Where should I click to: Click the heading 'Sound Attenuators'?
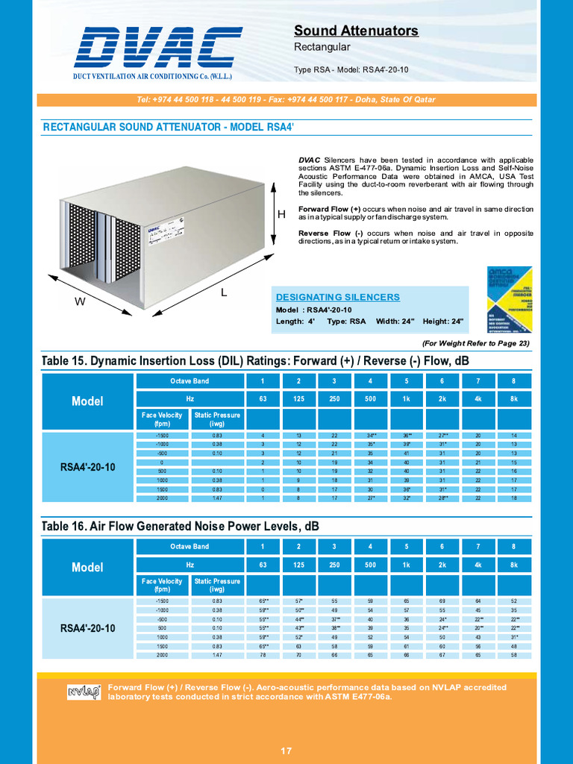click(356, 31)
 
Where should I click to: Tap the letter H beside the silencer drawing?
click(281, 215)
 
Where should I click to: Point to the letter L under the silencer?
click(223, 293)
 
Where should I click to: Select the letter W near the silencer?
click(79, 302)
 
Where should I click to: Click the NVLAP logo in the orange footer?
click(84, 692)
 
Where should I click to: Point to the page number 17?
click(286, 751)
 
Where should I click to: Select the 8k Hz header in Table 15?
click(513, 399)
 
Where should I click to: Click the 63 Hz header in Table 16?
click(263, 566)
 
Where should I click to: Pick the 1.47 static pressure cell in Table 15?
click(217, 498)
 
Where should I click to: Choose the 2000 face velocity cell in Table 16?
click(162, 655)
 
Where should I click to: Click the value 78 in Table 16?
click(263, 655)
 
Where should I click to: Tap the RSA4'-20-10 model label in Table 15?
click(87, 467)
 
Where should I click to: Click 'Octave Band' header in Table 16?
click(190, 547)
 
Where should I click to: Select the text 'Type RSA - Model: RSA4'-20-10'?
click(351, 70)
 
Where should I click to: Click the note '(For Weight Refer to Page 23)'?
click(475, 343)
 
